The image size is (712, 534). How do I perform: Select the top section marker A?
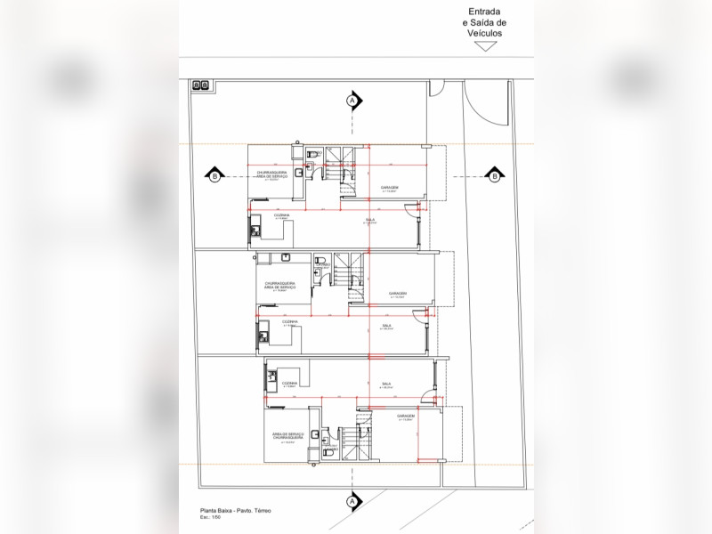(x=352, y=101)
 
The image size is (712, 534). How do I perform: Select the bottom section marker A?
(x=352, y=502)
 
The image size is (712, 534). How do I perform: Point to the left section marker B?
(x=214, y=176)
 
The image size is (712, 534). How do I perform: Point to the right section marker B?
(x=493, y=176)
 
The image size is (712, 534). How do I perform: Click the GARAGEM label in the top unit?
(x=390, y=188)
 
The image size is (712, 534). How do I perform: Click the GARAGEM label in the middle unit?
(x=398, y=293)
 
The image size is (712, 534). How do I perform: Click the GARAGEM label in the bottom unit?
(x=406, y=416)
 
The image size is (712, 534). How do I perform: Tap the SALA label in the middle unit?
(x=387, y=326)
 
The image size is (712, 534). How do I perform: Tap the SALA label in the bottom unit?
(x=386, y=384)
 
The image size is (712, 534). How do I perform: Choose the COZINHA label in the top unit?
(x=281, y=214)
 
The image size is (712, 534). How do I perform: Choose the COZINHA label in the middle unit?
(x=290, y=321)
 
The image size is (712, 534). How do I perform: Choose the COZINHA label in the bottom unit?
(x=290, y=384)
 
